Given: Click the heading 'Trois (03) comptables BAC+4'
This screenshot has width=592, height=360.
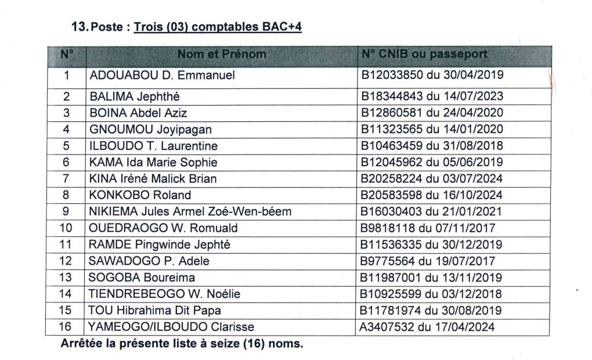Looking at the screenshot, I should pos(218,27).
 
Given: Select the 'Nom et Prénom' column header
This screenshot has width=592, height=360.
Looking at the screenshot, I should pos(222,55).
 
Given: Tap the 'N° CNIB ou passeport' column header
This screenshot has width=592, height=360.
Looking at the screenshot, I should pos(424,55).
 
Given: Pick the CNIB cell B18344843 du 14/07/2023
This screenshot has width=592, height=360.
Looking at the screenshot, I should pos(431,96).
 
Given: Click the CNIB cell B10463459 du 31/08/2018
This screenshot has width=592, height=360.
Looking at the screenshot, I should pos(431,146).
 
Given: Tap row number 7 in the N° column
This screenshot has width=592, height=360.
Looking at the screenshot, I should pos(66,179).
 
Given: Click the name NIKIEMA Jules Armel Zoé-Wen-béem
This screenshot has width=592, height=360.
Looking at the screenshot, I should pos(189,212).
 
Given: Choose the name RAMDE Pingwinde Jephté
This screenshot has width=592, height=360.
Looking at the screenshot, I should pos(159,244).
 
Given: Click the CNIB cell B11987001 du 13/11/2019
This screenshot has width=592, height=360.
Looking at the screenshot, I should pos(431,278).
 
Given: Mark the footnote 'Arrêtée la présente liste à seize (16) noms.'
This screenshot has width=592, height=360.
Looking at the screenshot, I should pos(182,344).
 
